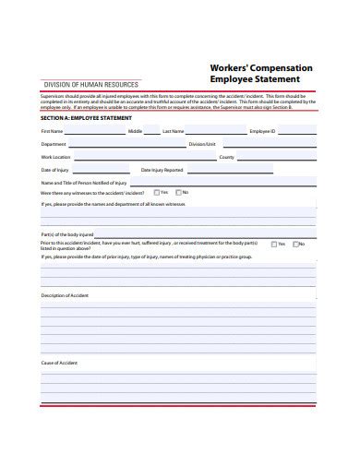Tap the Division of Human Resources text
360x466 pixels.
(x=86, y=84)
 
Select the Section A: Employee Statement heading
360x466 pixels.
(x=86, y=118)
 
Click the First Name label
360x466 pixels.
(x=51, y=132)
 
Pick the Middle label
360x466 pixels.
(x=135, y=132)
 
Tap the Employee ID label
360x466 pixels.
(x=262, y=132)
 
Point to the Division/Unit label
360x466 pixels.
(x=202, y=145)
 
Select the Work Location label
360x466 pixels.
(x=55, y=158)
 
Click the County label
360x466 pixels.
(x=226, y=158)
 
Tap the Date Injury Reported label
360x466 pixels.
(x=162, y=171)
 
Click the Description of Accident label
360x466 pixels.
(x=64, y=295)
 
